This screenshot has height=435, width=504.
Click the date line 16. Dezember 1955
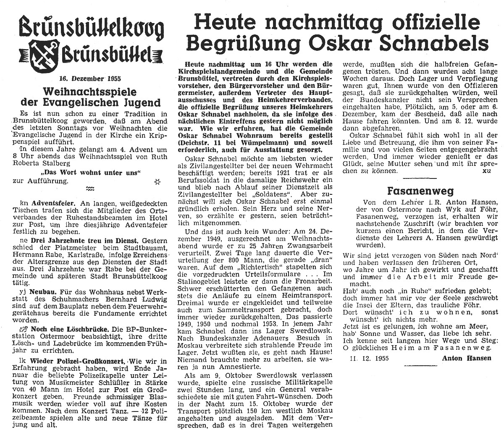[x=86, y=78]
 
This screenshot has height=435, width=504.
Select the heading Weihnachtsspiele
[x=91, y=90]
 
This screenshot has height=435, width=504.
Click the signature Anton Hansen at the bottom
[x=466, y=358]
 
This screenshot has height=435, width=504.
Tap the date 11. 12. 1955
[x=369, y=358]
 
